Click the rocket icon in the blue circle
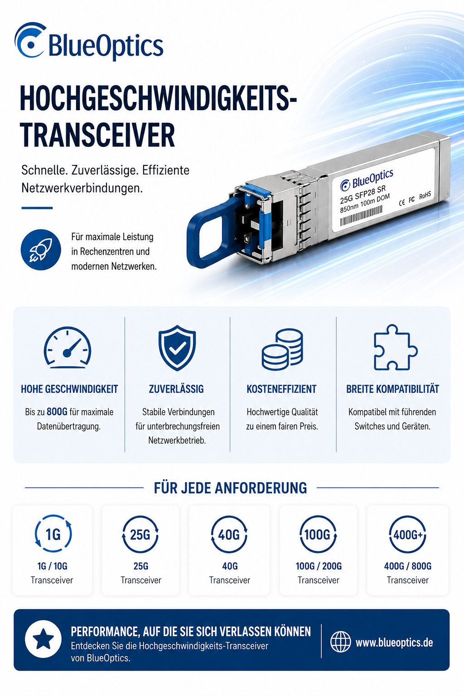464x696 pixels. click(x=41, y=250)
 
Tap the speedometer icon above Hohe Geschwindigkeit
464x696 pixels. click(x=68, y=348)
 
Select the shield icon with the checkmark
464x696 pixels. click(x=177, y=348)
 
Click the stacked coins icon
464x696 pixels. click(x=282, y=349)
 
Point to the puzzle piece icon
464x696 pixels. click(x=395, y=348)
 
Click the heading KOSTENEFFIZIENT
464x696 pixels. click(x=281, y=389)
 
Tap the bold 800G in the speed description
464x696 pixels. click(x=57, y=412)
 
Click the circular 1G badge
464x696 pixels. click(x=53, y=534)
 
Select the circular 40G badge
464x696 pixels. click(x=229, y=534)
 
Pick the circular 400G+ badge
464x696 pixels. click(x=407, y=534)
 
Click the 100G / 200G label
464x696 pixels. click(x=319, y=566)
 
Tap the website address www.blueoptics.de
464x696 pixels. click(x=394, y=642)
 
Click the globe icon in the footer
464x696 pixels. click(x=340, y=642)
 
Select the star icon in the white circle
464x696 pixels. click(x=43, y=639)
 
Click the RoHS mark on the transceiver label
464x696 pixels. click(x=425, y=196)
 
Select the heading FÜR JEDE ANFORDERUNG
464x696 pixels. click(x=230, y=488)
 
